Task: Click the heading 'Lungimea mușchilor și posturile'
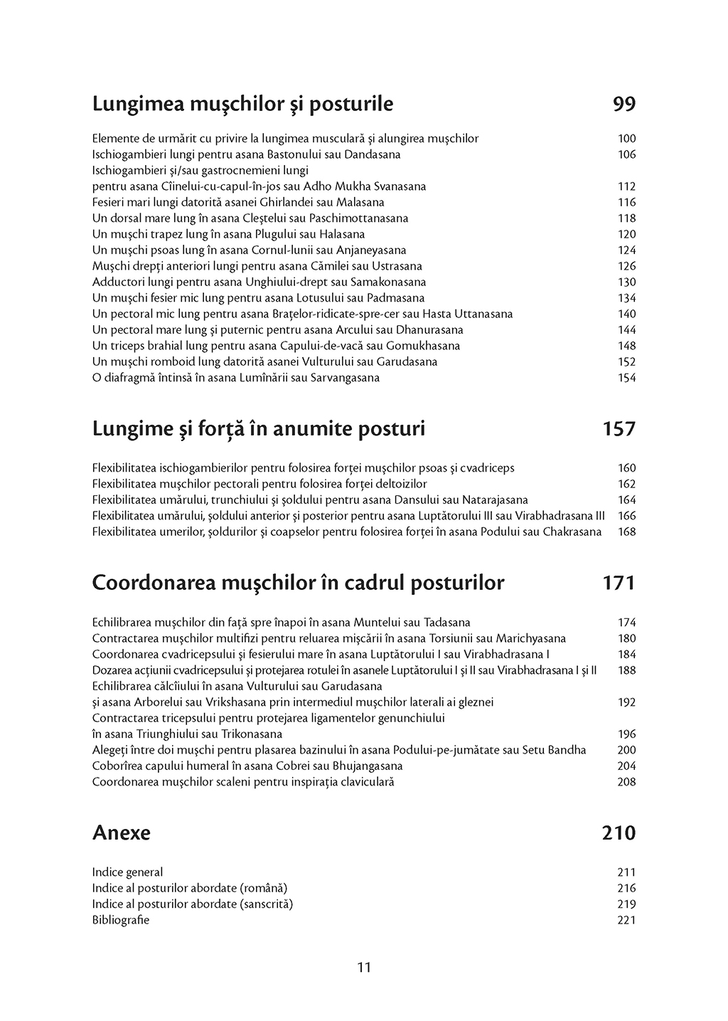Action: click(x=242, y=105)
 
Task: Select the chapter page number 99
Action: click(x=623, y=105)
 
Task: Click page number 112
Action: click(x=626, y=186)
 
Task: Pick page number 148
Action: click(x=626, y=346)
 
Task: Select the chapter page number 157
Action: click(x=619, y=429)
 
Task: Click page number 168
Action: click(x=626, y=531)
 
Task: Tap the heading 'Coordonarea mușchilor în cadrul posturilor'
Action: click(x=298, y=583)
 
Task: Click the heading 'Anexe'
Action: click(x=121, y=832)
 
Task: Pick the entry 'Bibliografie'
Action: click(x=121, y=920)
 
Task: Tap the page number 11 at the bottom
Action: click(x=364, y=967)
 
